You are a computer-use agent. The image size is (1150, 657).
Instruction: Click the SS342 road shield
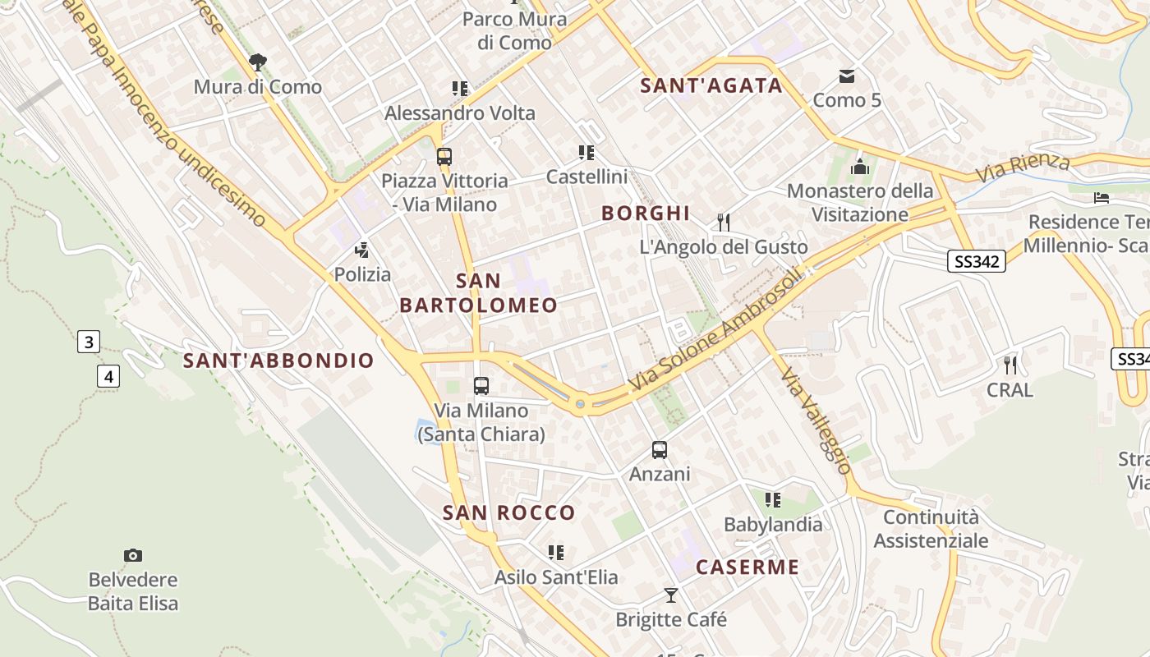(976, 261)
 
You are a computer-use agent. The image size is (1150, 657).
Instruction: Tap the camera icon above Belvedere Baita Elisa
(132, 556)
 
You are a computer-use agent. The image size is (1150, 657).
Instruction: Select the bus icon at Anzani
(660, 450)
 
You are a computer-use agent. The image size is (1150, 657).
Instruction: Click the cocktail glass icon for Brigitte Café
(671, 595)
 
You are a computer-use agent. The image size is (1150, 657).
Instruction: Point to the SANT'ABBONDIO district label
(278, 361)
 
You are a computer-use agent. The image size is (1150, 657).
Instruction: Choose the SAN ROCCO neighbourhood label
(509, 513)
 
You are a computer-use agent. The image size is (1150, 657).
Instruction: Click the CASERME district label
(747, 567)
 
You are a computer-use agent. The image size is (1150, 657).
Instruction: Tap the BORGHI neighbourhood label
(646, 214)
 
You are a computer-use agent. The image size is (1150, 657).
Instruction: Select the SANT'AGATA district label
(711, 85)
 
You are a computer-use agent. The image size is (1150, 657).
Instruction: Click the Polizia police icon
(361, 250)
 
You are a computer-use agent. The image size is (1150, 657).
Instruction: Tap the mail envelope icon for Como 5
(846, 77)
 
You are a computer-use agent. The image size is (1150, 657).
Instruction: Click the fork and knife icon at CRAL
(1010, 365)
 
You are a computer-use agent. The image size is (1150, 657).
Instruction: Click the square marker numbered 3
(89, 341)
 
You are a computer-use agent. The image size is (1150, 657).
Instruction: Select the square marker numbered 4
(108, 376)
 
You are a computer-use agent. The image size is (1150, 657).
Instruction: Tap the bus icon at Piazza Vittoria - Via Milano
(444, 156)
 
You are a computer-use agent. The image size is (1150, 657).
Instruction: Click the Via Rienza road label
(1023, 168)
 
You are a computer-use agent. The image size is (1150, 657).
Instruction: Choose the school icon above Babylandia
(772, 499)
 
